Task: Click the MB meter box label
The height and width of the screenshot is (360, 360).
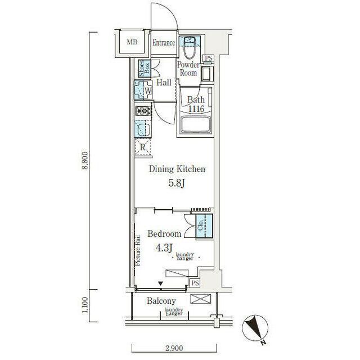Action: pos(132,42)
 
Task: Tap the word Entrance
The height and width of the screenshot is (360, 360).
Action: pos(164,43)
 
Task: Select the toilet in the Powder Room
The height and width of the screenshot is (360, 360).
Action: pos(190,47)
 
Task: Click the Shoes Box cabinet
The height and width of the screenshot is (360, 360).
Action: pos(144,69)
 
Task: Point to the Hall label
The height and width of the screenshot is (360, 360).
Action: pos(164,83)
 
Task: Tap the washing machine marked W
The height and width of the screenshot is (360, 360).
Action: pos(143,90)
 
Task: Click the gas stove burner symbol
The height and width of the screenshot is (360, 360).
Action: pos(143,111)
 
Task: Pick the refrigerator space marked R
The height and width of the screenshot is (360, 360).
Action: pos(143,147)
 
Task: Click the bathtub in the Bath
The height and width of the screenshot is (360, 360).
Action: pos(196,124)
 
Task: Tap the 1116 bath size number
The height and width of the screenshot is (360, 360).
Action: pos(196,109)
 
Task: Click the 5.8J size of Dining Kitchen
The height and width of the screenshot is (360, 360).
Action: pos(177,183)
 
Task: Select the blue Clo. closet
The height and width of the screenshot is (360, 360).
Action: pos(204,226)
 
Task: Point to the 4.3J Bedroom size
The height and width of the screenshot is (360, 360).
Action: pos(164,248)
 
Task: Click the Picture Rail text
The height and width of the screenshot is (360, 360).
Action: pos(138,250)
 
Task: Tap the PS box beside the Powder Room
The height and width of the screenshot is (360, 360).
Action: pos(209,58)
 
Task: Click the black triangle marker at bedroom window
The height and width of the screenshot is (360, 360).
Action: pos(160,283)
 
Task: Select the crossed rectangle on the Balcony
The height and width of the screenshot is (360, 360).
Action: pos(200,299)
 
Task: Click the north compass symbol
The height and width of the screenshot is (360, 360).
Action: pos(255,327)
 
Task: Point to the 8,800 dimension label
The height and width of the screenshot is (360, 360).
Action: pos(85,160)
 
